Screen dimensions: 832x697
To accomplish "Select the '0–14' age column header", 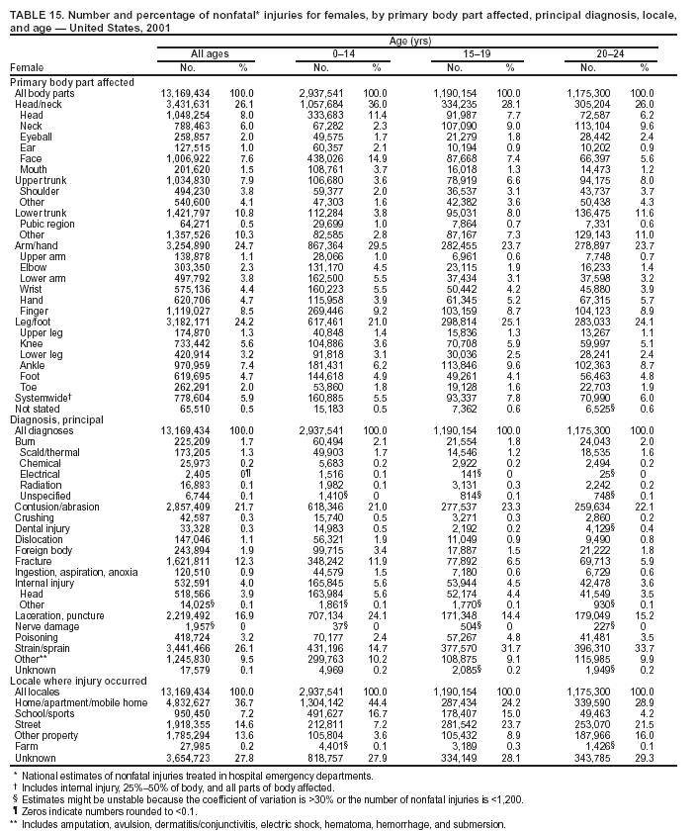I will pos(344,53).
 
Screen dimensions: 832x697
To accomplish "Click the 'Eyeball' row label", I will pos(36,136).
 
